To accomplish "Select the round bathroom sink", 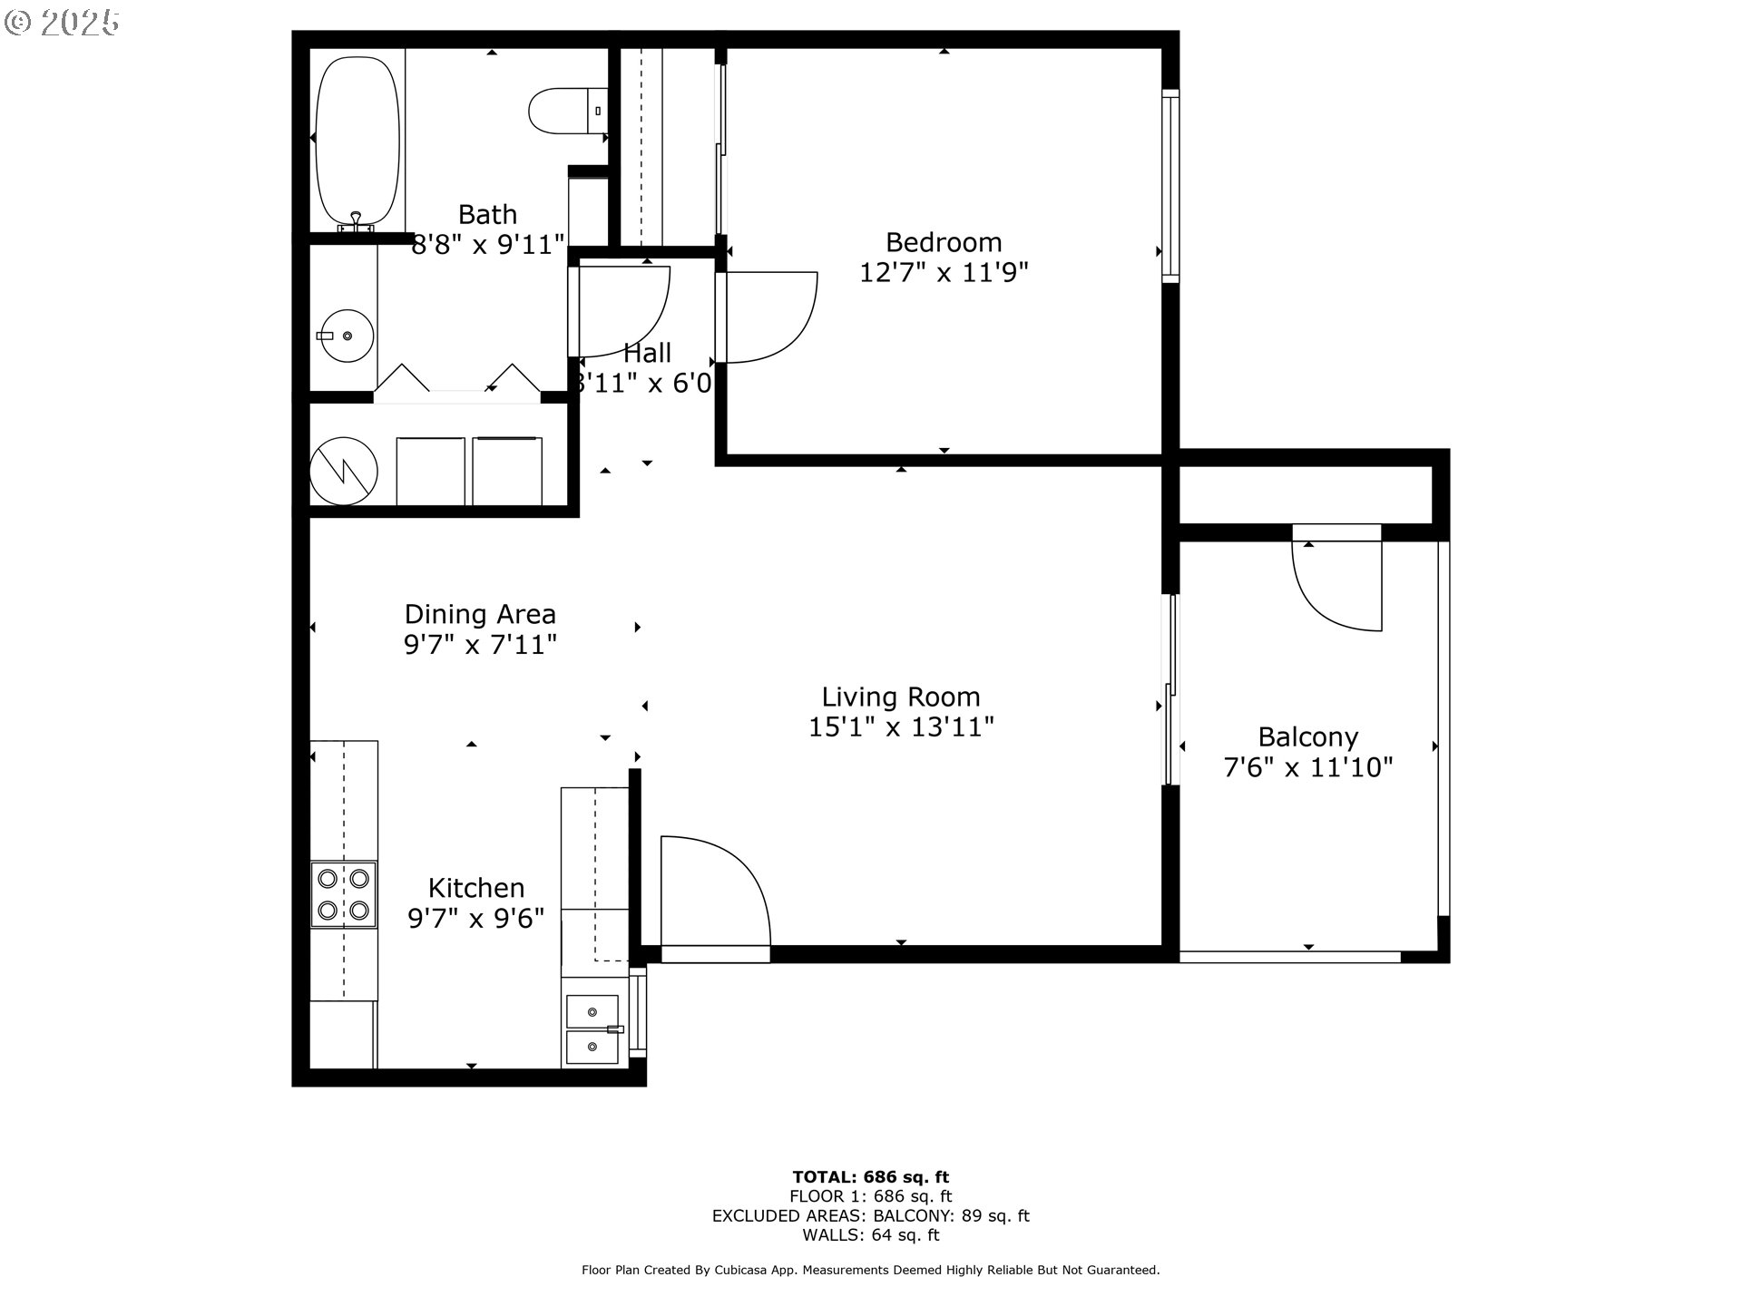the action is tap(347, 336).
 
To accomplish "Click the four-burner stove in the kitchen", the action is tap(344, 894).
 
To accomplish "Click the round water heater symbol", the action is tap(344, 471).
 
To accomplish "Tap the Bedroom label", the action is tap(944, 242).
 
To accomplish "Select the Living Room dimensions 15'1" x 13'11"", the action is tap(901, 726).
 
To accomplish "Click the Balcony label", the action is tap(1307, 737).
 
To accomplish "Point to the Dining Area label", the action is tap(480, 614).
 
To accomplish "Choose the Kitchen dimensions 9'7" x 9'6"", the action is tap(475, 918).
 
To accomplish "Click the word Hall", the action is tap(647, 352).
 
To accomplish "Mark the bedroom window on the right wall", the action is tap(1171, 186).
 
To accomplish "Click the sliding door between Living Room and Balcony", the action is tap(1171, 689).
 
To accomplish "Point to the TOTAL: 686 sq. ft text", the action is tap(871, 1177).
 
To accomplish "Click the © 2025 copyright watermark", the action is tap(62, 23).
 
